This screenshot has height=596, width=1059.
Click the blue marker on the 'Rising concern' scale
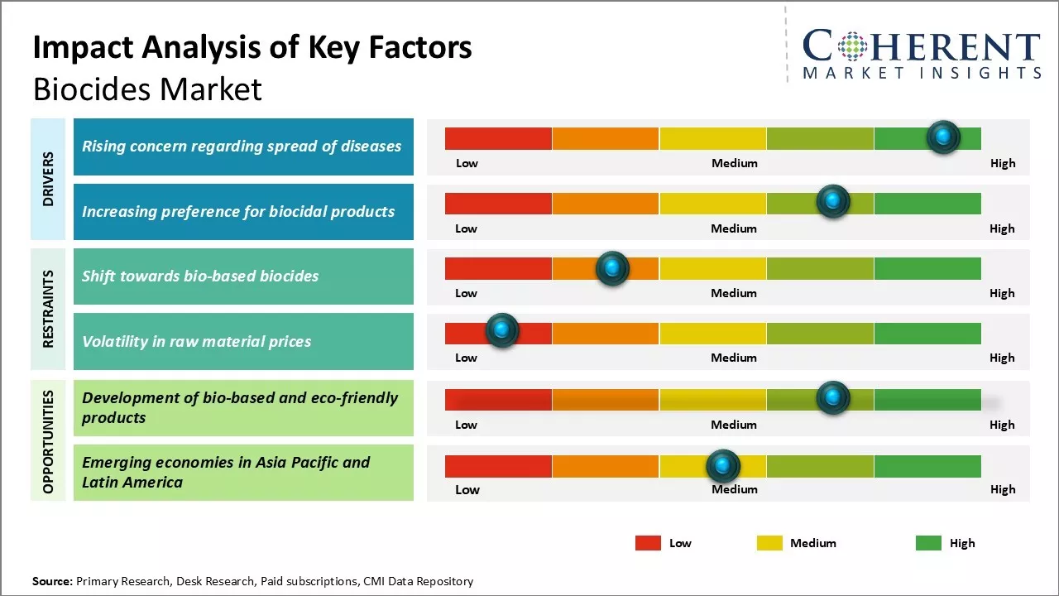coord(943,137)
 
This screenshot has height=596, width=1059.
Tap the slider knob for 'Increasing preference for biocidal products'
coord(833,201)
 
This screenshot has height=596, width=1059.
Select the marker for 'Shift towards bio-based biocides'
coord(612,268)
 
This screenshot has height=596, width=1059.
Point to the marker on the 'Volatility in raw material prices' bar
coord(501,330)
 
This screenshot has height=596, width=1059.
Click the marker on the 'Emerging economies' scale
coord(723,466)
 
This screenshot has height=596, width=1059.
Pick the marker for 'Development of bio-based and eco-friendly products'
coord(833,398)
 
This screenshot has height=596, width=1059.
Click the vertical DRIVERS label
coord(48,178)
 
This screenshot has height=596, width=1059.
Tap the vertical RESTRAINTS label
coord(48,308)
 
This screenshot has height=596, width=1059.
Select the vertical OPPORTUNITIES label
coord(48,441)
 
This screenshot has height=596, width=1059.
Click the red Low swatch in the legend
coord(648,543)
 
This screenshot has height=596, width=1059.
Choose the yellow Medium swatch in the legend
coord(769,543)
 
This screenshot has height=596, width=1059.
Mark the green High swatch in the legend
coord(928,543)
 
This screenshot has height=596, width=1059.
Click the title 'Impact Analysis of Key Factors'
coord(252,48)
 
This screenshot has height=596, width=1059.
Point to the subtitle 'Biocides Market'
coord(147,89)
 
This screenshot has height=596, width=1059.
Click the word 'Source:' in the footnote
coord(53,581)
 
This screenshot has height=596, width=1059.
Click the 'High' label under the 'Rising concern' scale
coord(1003,163)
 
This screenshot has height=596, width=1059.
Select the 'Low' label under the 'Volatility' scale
coord(467,358)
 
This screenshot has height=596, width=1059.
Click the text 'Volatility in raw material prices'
coord(197,341)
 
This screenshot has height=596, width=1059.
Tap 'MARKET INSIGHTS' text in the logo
coord(922,74)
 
